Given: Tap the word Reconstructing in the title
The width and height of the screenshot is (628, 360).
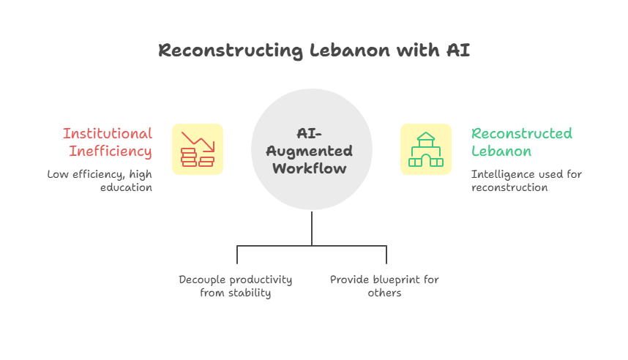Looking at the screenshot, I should click(228, 50).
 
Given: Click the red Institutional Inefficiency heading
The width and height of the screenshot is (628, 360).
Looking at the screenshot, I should click(108, 143).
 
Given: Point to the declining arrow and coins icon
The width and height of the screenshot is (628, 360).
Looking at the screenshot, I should click(198, 149).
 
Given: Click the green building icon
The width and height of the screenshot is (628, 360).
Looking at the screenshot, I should click(425, 149).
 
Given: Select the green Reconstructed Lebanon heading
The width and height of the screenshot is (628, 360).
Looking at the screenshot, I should click(521, 143).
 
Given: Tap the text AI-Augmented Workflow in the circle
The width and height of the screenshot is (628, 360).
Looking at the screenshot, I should click(312, 151).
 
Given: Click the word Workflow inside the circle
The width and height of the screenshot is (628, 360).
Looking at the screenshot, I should click(312, 168).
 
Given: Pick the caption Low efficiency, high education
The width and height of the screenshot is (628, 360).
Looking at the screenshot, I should click(100, 181).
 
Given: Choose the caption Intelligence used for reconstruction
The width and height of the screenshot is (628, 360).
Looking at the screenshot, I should click(526, 181).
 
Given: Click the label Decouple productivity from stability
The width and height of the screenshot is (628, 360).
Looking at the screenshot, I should click(236, 286).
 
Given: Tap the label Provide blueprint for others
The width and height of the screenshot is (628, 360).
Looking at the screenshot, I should click(384, 286).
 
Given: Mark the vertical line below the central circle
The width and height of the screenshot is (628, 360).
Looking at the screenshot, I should click(312, 228).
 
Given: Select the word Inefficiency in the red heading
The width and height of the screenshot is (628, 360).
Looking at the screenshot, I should click(111, 151).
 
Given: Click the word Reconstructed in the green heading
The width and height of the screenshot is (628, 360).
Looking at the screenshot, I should click(521, 134).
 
